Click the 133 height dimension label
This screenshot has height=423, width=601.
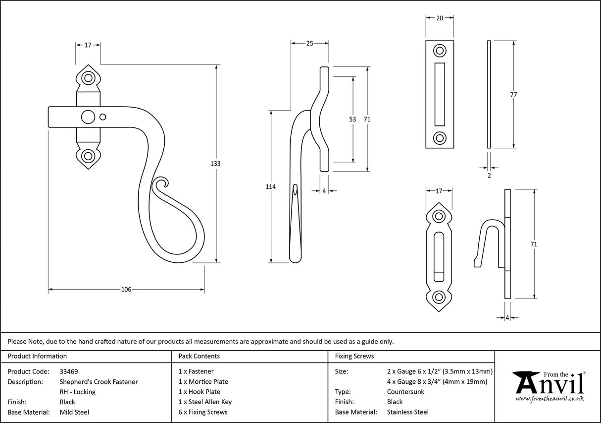pyautogui.click(x=215, y=164)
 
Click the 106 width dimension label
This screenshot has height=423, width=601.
pyautogui.click(x=126, y=290)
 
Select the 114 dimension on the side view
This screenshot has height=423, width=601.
pyautogui.click(x=270, y=186)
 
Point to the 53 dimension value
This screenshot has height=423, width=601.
pyautogui.click(x=352, y=119)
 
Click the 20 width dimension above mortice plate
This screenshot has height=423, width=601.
pyautogui.click(x=439, y=17)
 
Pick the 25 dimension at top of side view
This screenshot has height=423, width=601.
pyautogui.click(x=309, y=44)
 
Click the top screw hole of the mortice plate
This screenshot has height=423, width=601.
pyautogui.click(x=439, y=50)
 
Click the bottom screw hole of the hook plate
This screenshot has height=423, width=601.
pyautogui.click(x=439, y=297)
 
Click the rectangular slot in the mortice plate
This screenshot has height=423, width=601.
pyautogui.click(x=439, y=94)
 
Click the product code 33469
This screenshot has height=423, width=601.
pyautogui.click(x=68, y=371)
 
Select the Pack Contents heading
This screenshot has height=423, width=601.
pyautogui.click(x=199, y=356)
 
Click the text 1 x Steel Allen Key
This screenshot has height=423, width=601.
pyautogui.click(x=205, y=402)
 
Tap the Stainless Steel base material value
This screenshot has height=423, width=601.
pyautogui.click(x=407, y=412)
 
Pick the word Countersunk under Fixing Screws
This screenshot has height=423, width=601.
pyautogui.click(x=405, y=392)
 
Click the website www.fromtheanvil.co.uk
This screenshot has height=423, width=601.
pyautogui.click(x=550, y=398)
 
